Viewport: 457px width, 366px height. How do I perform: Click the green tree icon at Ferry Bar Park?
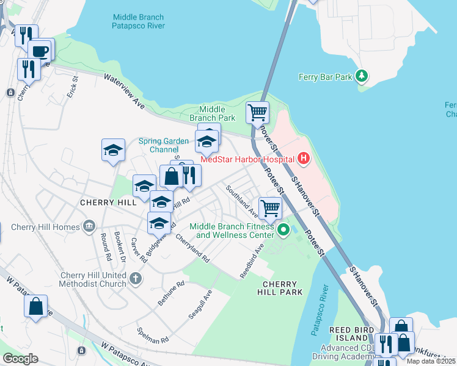[362, 76]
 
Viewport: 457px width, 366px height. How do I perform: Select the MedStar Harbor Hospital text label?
[247, 160]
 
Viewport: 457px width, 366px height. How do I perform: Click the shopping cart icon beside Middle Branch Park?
[257, 112]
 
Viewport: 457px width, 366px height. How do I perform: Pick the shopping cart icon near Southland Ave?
[269, 208]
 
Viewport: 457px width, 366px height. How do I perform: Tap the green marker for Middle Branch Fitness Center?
[283, 230]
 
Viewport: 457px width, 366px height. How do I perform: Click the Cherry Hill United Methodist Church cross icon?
[136, 279]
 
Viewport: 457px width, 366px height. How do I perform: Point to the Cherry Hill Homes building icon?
[90, 227]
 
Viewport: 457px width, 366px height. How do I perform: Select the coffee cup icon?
[40, 50]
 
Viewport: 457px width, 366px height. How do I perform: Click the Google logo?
[20, 358]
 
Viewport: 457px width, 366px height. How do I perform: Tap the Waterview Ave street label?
[124, 92]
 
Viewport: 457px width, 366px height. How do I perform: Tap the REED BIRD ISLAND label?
[350, 334]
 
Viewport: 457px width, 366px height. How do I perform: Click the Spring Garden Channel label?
[163, 145]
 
